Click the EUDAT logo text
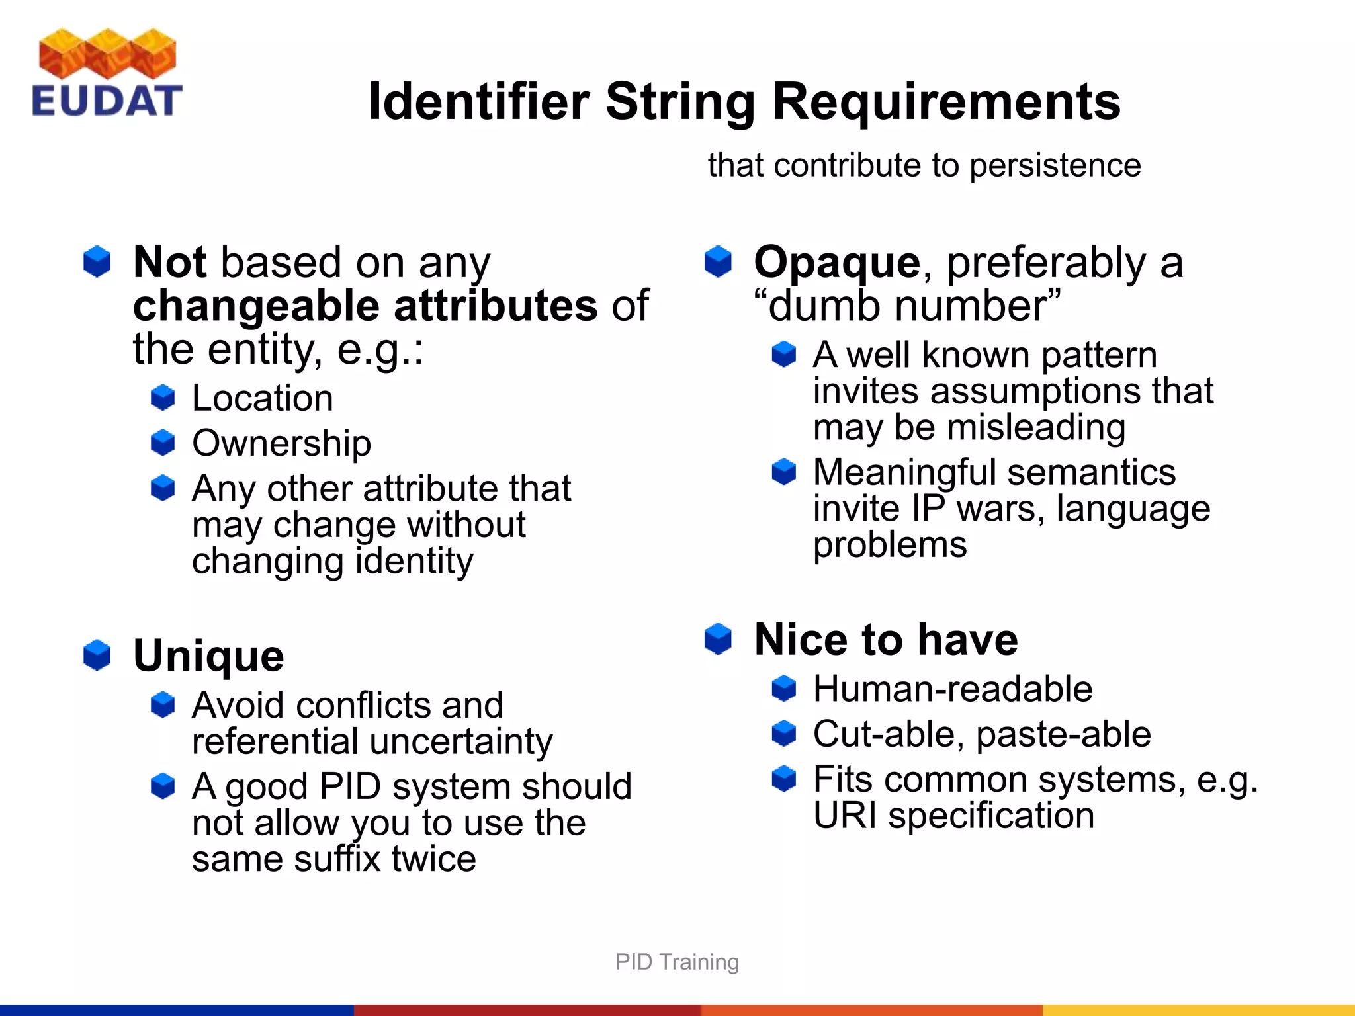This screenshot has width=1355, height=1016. [x=107, y=101]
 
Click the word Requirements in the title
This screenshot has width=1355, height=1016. [x=946, y=102]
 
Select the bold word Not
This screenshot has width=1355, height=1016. [x=170, y=263]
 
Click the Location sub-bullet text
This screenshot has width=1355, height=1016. [x=262, y=398]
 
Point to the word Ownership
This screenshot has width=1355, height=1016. [x=281, y=443]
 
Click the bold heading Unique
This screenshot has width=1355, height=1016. [x=208, y=656]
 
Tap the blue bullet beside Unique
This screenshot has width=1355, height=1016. [x=97, y=655]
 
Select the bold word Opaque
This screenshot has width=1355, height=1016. [x=836, y=263]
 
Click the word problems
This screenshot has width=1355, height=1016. [x=890, y=545]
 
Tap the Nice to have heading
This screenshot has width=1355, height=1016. [x=886, y=640]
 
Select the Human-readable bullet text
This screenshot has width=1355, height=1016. [x=953, y=689]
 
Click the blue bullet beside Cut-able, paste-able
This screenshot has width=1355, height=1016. [x=784, y=734]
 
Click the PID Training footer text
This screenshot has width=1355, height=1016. [x=677, y=962]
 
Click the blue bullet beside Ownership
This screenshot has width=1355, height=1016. [x=163, y=443]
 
